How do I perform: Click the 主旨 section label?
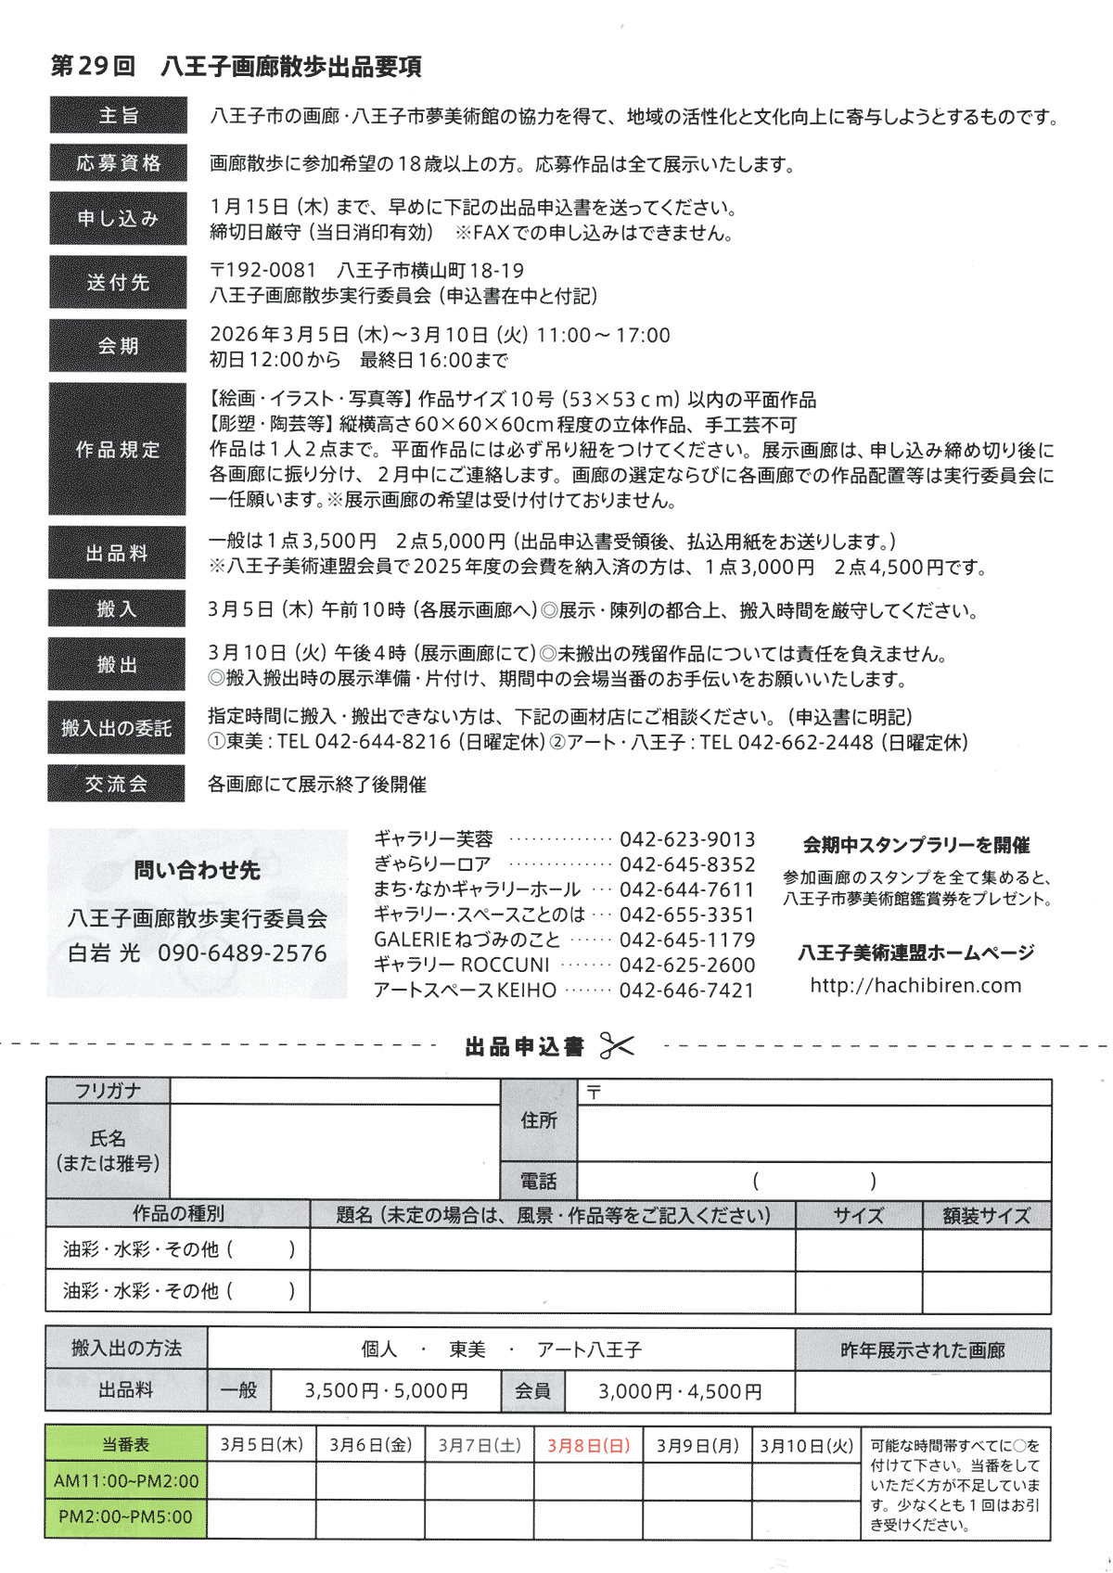coord(118,116)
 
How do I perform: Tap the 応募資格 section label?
coord(118,163)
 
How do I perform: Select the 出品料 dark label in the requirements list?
coord(117,554)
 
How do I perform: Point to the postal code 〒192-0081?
coord(263,271)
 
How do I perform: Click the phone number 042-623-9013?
coord(687,840)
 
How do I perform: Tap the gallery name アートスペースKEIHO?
coord(465,991)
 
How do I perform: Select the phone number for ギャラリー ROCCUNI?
coord(687,966)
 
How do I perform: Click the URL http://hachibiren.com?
coord(915,986)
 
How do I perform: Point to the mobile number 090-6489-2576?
coord(242,953)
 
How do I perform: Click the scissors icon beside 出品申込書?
coord(617,1046)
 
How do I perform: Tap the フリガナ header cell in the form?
coord(108,1092)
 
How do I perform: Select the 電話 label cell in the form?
coord(538,1182)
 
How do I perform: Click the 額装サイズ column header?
coord(986,1216)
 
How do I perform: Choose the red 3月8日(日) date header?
coord(588,1445)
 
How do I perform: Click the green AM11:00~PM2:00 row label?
coord(126,1481)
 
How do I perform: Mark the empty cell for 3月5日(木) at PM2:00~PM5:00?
coord(262,1518)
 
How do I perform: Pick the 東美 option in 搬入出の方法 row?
coord(467,1349)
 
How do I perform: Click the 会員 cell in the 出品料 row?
coord(532,1391)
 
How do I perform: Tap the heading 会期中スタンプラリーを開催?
coord(915,845)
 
